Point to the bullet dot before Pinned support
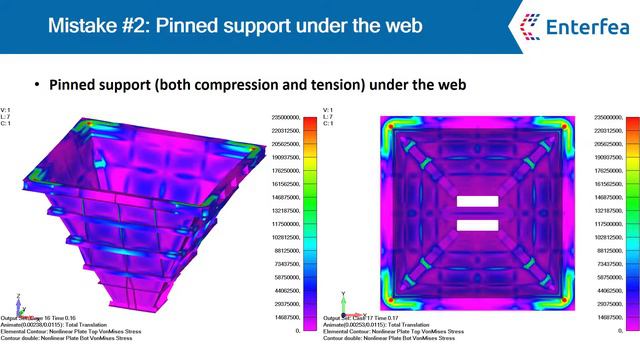pos(38,85)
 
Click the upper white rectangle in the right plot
pos(476,202)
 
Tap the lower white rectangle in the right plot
pos(476,224)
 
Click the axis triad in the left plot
pos(21,300)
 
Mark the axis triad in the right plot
pos(345,300)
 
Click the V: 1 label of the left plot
pos(7,110)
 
